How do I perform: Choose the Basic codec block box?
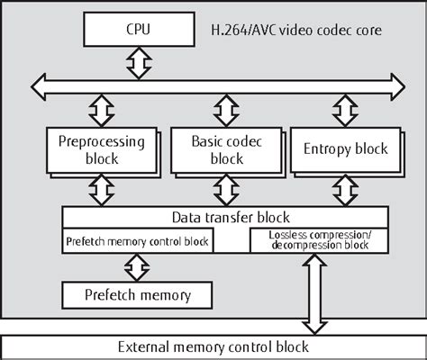(x=221, y=149)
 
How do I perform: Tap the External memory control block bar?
(x=213, y=346)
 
